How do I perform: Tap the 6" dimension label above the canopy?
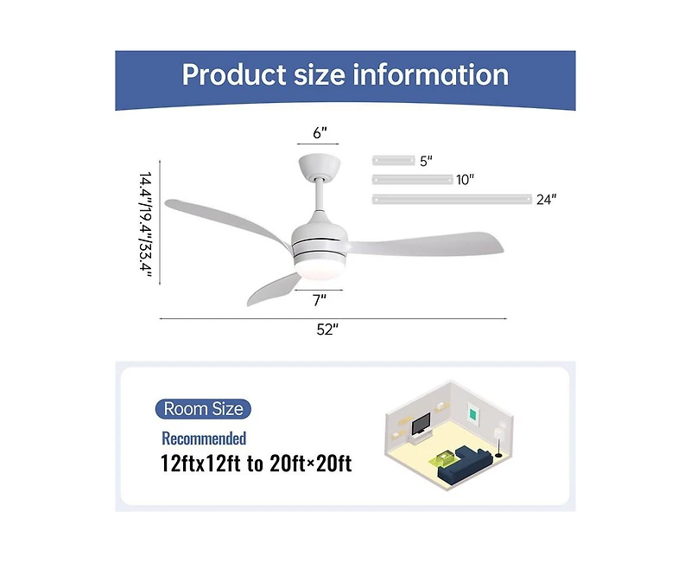[320, 132]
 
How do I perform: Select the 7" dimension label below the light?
[319, 300]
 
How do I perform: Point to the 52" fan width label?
[327, 329]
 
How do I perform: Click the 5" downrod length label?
[425, 161]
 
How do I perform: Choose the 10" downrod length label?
[466, 180]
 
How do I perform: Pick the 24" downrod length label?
[546, 200]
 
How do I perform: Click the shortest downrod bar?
[393, 160]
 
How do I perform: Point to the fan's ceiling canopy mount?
[319, 165]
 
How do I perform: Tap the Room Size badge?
[204, 409]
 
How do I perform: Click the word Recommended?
[204, 438]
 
